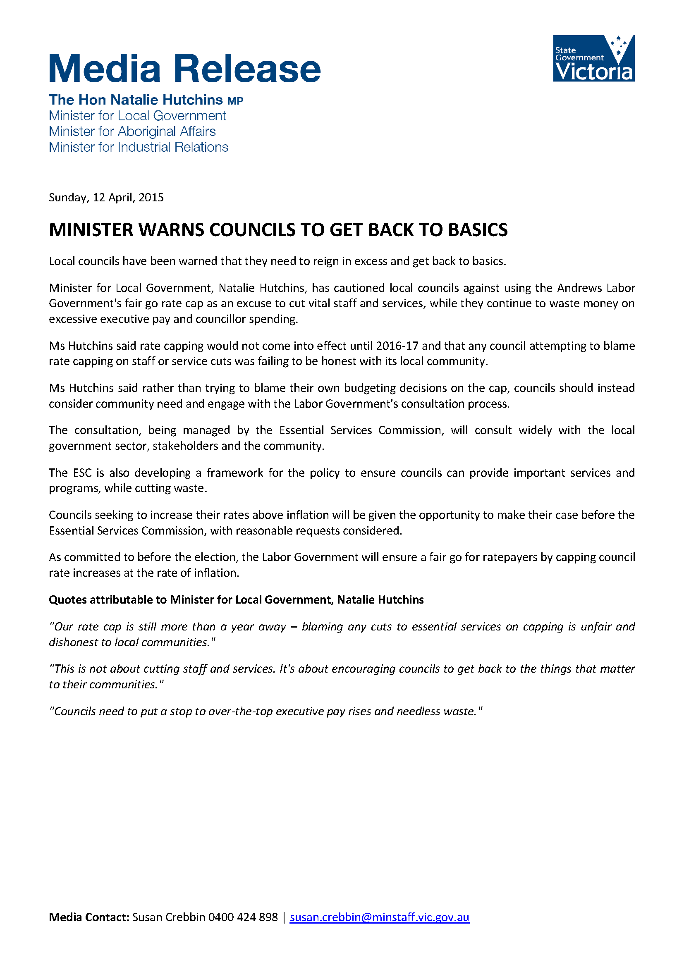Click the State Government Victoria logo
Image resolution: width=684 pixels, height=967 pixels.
593,58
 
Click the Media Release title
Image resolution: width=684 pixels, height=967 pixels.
184,69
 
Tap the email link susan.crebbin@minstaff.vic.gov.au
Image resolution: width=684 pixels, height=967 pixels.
379,917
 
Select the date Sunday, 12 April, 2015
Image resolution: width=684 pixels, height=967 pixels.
106,198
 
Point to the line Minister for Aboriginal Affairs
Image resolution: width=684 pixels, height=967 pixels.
132,131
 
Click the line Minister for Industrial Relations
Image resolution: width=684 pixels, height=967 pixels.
138,147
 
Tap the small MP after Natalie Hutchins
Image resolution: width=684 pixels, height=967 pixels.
235,101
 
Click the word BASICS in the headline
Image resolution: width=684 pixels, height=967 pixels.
478,230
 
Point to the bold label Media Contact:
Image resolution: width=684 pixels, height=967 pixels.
89,917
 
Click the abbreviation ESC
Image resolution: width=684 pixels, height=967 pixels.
82,473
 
